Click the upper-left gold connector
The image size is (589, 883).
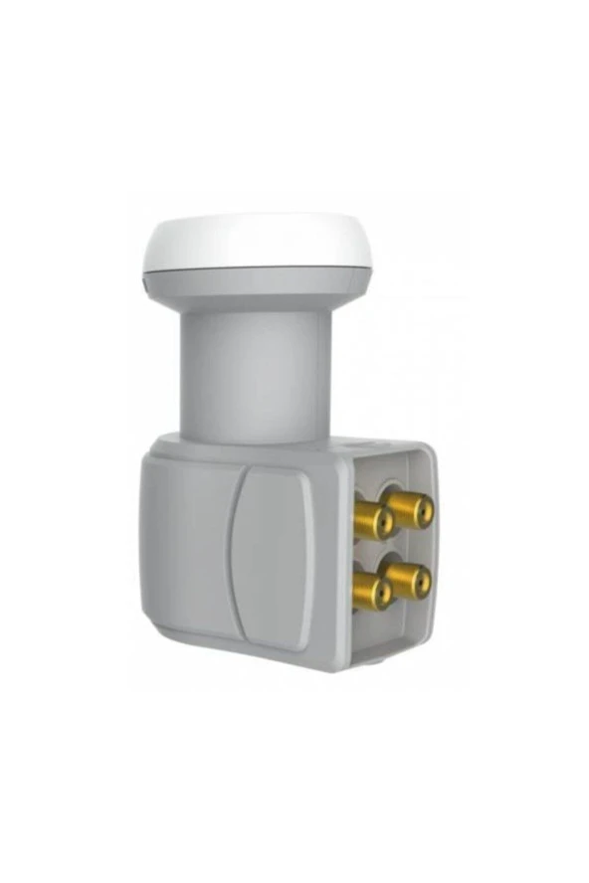(x=373, y=520)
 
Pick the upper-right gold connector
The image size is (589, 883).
(x=410, y=510)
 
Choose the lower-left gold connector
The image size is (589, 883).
(x=372, y=592)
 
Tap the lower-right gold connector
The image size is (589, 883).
(x=409, y=580)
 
